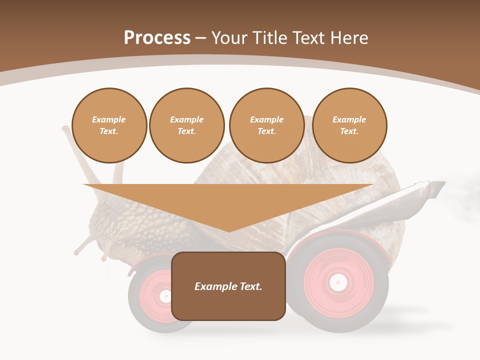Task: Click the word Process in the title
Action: tap(157, 38)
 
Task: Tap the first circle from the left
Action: tap(109, 125)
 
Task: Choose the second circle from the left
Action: tap(187, 125)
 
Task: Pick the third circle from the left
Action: tap(267, 125)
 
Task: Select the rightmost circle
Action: tap(349, 125)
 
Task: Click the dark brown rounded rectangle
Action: tap(228, 286)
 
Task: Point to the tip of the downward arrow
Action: tap(229, 230)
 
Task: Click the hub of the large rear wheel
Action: tap(338, 282)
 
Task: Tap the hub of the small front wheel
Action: tap(164, 296)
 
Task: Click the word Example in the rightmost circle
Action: tap(349, 119)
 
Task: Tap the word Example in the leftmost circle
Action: tap(109, 119)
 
